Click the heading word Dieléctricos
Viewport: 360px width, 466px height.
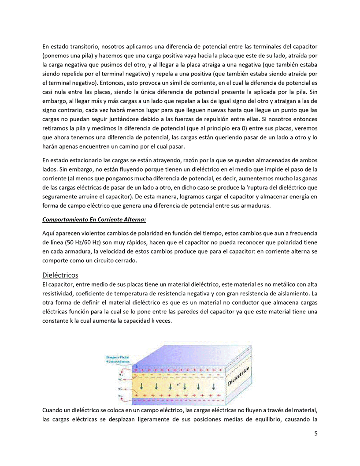60,276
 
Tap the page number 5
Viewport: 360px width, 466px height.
315,433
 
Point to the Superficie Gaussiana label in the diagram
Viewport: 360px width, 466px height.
117,359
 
